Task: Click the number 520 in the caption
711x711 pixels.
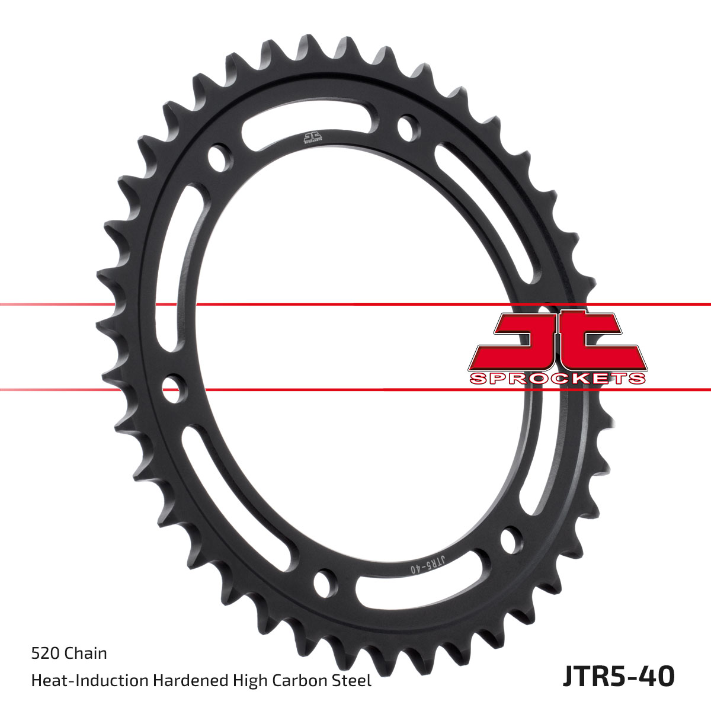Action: point(45,654)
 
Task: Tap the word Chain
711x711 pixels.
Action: point(85,654)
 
